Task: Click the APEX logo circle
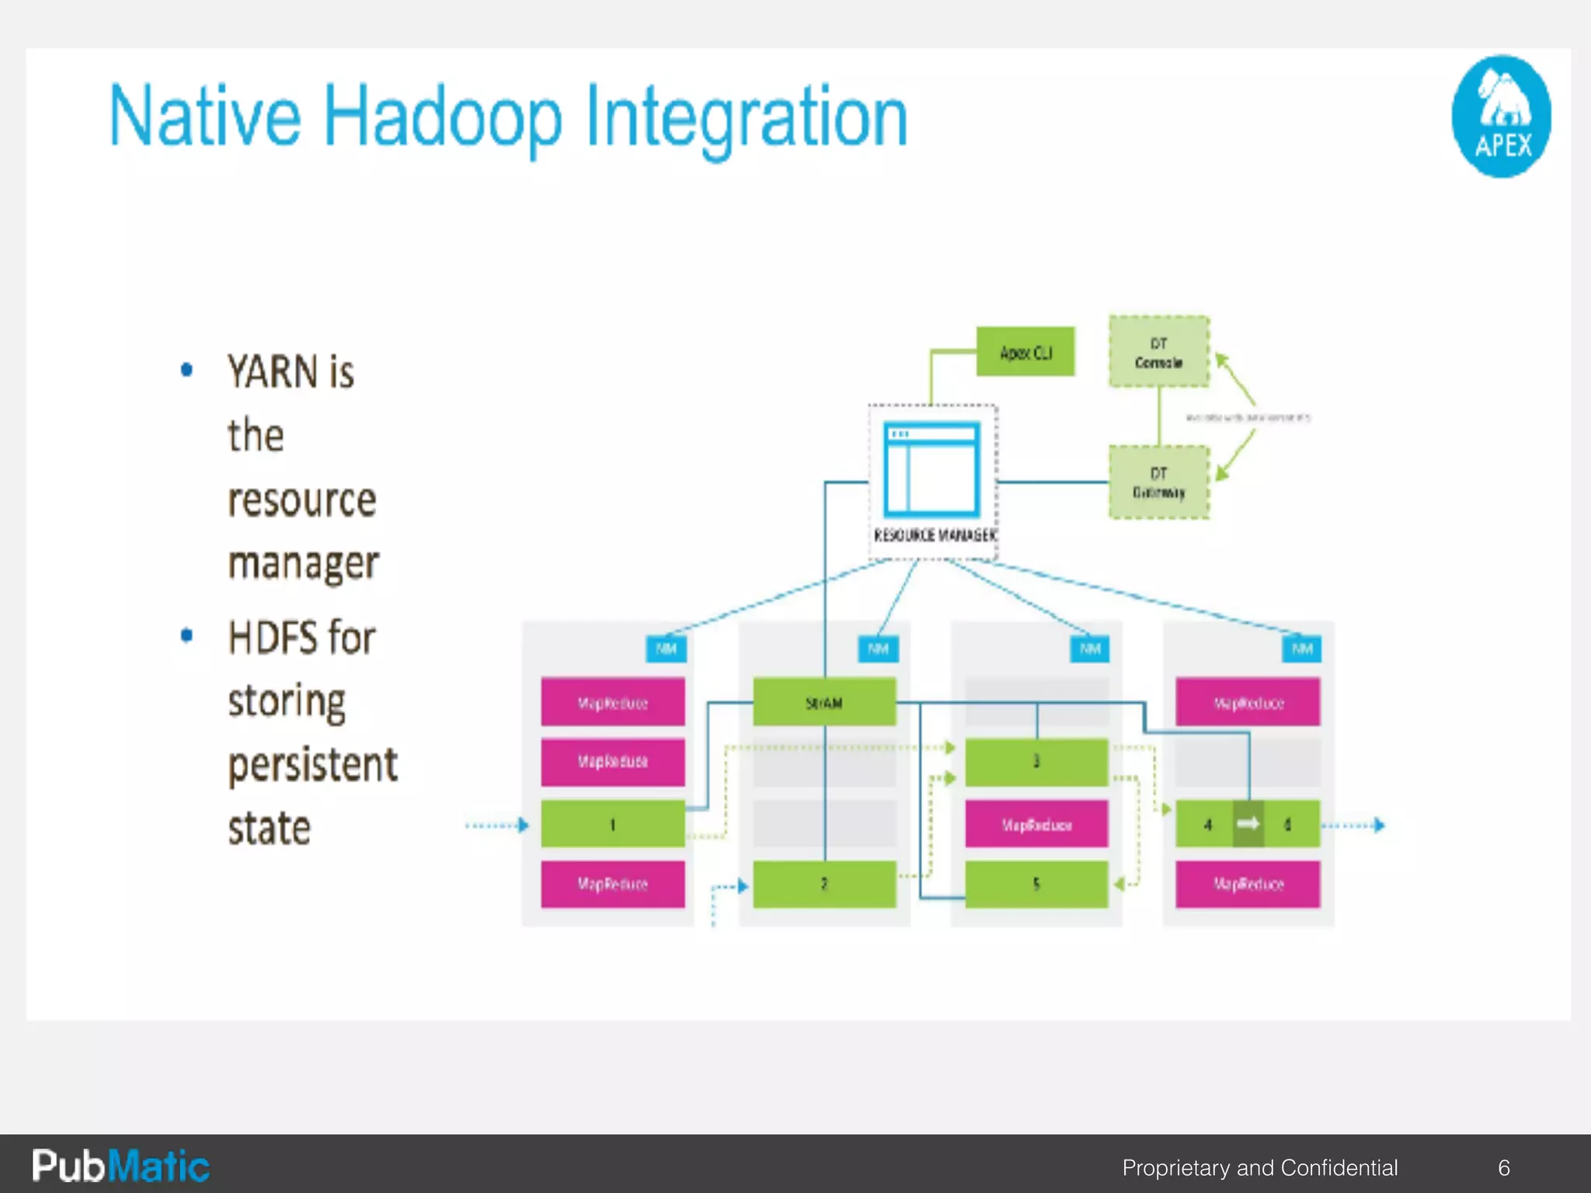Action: tap(1500, 117)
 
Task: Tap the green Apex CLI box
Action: tap(1025, 353)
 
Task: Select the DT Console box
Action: tap(1158, 352)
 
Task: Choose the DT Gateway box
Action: tap(1158, 482)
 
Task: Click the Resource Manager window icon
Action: tap(932, 468)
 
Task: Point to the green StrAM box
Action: tap(824, 703)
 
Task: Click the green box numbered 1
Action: tap(613, 824)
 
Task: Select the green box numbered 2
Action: tap(824, 884)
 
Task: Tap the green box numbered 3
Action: tap(1036, 761)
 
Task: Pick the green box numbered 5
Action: tap(1036, 884)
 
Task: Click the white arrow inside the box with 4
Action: tap(1248, 823)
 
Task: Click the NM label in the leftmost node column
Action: tap(667, 649)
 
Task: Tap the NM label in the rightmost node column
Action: tap(1302, 649)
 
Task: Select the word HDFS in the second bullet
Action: tap(273, 638)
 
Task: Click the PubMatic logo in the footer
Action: tap(120, 1166)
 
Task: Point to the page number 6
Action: tap(1504, 1167)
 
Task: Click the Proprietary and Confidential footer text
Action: tap(1259, 1167)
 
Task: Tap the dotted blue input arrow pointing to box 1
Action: tap(497, 825)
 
